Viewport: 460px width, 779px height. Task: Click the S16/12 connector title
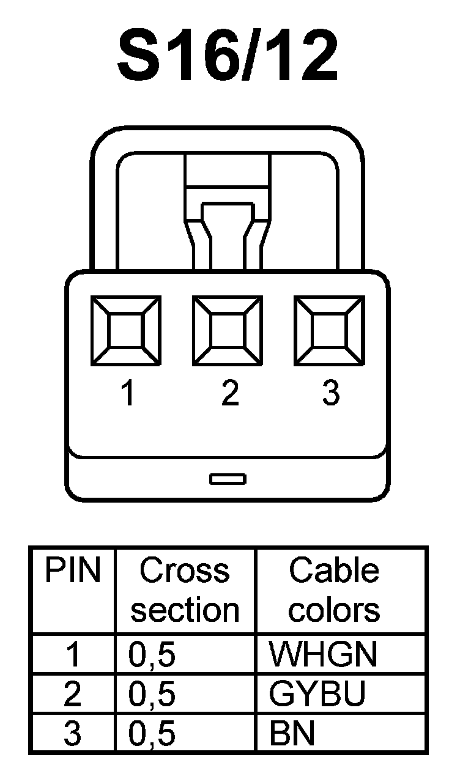(x=228, y=57)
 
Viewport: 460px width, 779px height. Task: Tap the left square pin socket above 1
(x=126, y=330)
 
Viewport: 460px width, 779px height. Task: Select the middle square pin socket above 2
(x=228, y=330)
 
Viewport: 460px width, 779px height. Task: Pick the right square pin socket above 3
(x=330, y=330)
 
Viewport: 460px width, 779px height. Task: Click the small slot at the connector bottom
(x=228, y=478)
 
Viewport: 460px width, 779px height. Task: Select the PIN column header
(x=73, y=570)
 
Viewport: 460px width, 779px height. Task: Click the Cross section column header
(x=185, y=590)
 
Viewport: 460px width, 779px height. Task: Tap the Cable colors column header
(x=334, y=590)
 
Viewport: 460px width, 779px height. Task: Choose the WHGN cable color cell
(x=324, y=655)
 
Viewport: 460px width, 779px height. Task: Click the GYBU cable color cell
(x=317, y=694)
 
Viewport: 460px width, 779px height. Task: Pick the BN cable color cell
(x=292, y=734)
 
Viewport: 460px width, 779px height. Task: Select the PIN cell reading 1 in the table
(x=73, y=655)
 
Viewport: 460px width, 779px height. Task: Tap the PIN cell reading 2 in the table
(x=73, y=694)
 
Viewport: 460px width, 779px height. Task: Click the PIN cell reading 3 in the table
(x=73, y=734)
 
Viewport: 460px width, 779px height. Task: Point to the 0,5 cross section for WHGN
(x=152, y=655)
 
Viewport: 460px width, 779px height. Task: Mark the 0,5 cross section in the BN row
(x=152, y=734)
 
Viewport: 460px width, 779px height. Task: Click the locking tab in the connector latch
(x=228, y=235)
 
